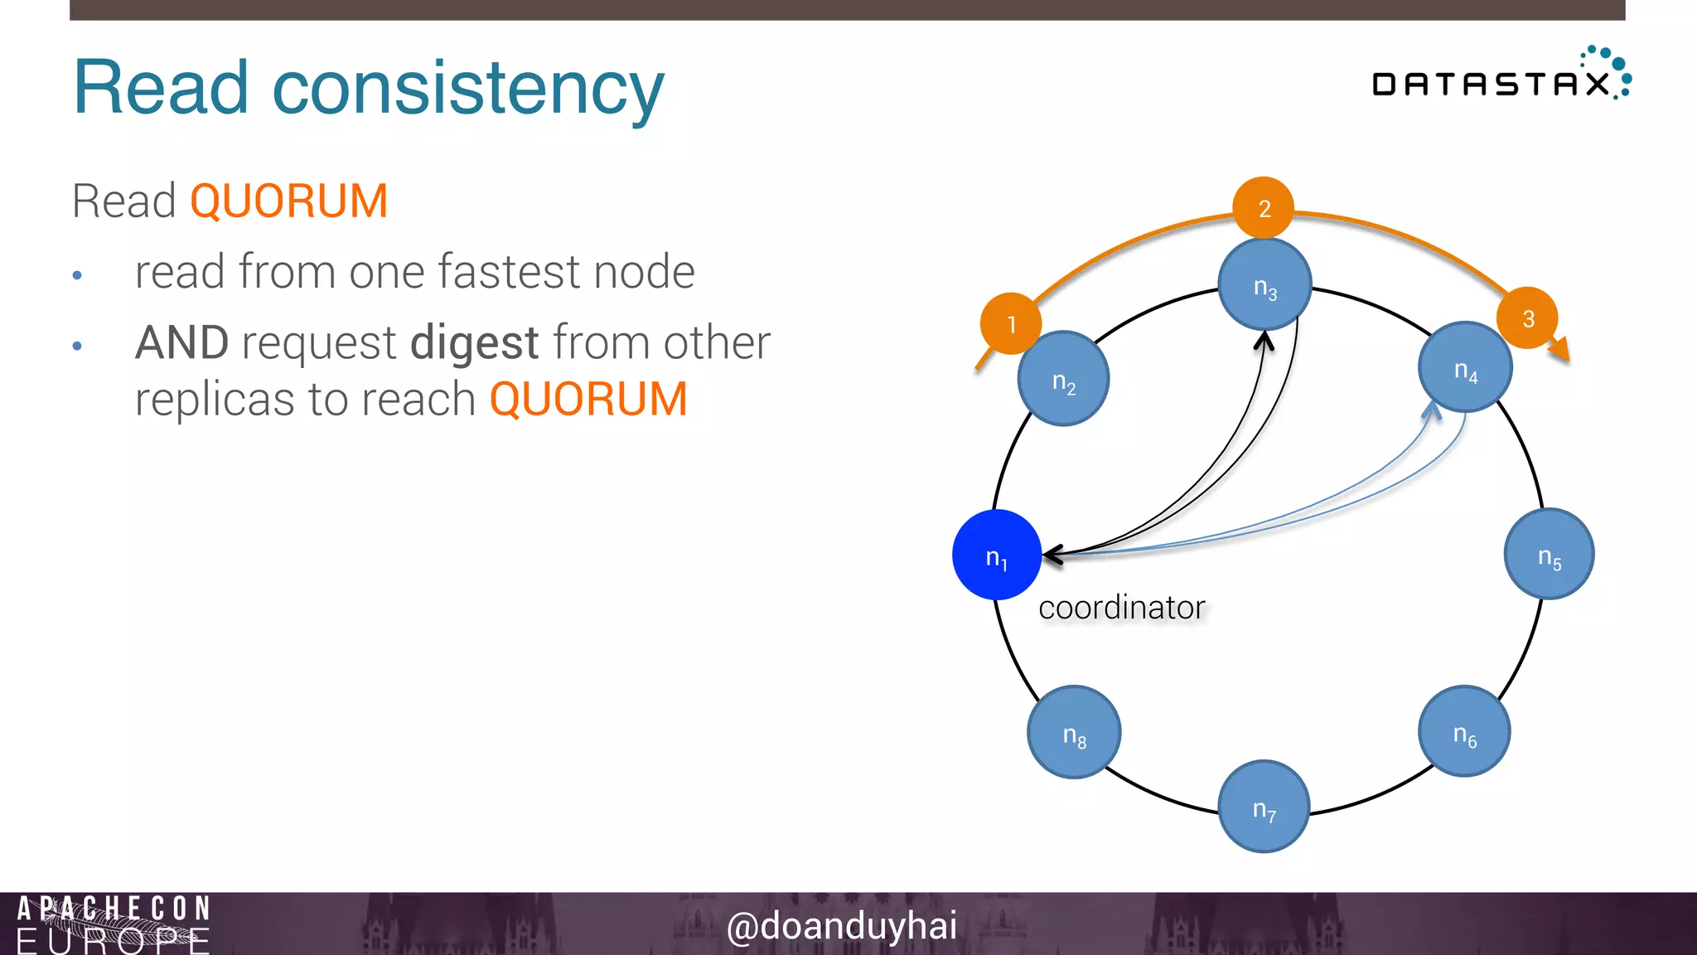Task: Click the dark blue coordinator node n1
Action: [996, 555]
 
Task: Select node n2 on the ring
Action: [1063, 379]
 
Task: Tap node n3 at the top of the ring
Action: [1264, 284]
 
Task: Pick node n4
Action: [1465, 367]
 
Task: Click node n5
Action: [1549, 554]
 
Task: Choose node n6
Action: [1464, 731]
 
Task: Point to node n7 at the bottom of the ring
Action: [1264, 806]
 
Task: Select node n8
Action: [1074, 732]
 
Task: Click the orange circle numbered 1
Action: [1011, 323]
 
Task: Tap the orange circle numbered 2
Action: [1264, 207]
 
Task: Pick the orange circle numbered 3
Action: [1527, 318]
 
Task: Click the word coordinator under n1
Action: [1121, 608]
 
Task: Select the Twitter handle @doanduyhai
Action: [841, 925]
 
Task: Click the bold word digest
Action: [474, 342]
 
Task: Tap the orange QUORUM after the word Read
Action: [288, 201]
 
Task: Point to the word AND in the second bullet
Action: [181, 342]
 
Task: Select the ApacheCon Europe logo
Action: [113, 923]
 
